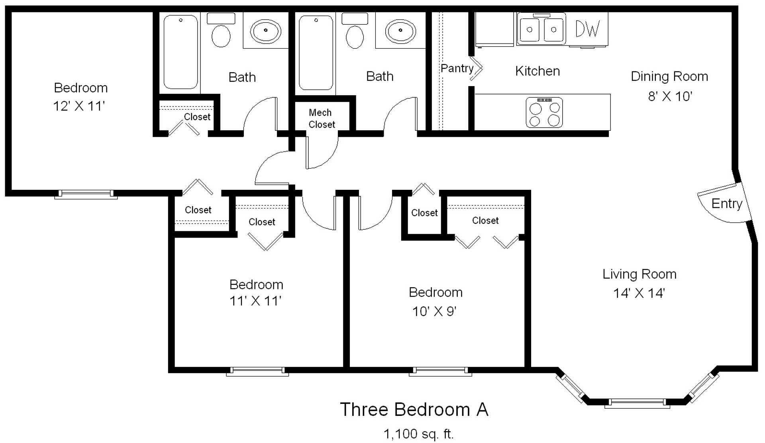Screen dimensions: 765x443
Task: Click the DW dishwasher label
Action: click(x=587, y=29)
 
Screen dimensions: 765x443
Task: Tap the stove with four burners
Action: click(x=544, y=112)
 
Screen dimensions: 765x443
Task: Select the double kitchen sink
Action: click(x=541, y=29)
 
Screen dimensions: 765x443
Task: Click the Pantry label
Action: click(x=457, y=69)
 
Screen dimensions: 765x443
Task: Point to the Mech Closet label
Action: click(x=321, y=118)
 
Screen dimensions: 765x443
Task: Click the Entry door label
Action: click(x=727, y=204)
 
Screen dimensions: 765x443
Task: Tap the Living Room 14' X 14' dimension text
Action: click(x=639, y=293)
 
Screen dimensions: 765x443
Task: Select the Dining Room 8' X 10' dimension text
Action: click(x=669, y=96)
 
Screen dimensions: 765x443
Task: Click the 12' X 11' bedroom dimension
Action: click(x=79, y=106)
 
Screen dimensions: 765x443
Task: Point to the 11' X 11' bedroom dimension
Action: click(x=255, y=301)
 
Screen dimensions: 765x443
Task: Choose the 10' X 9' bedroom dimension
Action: click(x=434, y=311)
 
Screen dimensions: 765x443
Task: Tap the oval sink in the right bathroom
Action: click(x=400, y=31)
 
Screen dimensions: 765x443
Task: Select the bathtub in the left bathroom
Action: click(x=181, y=52)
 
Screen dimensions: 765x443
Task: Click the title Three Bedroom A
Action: click(x=414, y=410)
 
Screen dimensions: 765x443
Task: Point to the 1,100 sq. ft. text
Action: click(x=418, y=434)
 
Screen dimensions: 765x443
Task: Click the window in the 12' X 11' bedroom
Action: click(x=86, y=194)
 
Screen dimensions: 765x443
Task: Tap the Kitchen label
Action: click(x=537, y=71)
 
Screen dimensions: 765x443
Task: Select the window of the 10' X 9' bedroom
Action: click(x=440, y=372)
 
